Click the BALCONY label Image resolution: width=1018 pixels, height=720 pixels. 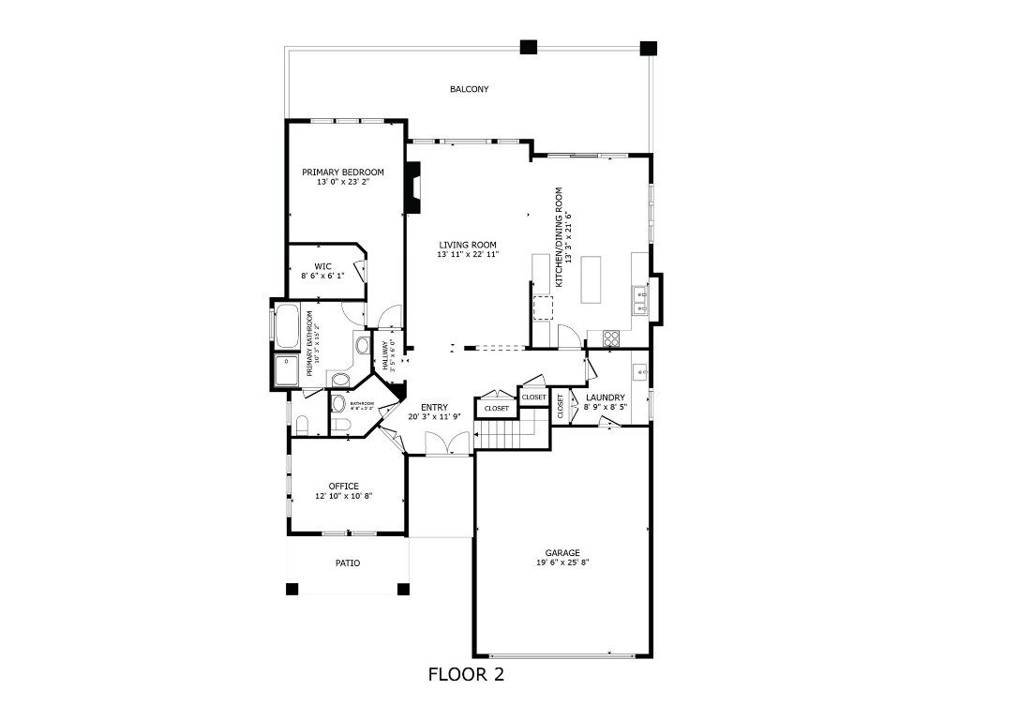pyautogui.click(x=469, y=89)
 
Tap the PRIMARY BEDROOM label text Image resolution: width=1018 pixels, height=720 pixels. pyautogui.click(x=342, y=172)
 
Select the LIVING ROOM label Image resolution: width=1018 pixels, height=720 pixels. pyautogui.click(x=467, y=245)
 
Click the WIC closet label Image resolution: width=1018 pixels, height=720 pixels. pyautogui.click(x=322, y=266)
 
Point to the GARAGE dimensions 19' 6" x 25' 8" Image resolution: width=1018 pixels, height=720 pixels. pyautogui.click(x=562, y=562)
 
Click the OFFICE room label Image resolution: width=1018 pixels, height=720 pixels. pyautogui.click(x=343, y=486)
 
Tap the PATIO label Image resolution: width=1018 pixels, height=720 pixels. pyautogui.click(x=347, y=563)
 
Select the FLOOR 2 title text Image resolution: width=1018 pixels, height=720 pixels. pyautogui.click(x=466, y=674)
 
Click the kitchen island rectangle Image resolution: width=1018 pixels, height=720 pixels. pyautogui.click(x=592, y=279)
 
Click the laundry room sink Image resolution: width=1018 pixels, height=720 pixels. pyautogui.click(x=640, y=371)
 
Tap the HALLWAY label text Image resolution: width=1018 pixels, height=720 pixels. pyautogui.click(x=384, y=353)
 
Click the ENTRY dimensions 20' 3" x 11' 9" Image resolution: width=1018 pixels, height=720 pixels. pyautogui.click(x=434, y=416)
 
